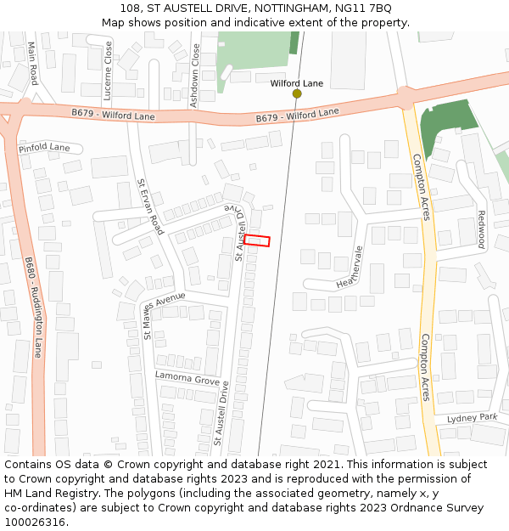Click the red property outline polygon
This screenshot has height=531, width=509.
257,240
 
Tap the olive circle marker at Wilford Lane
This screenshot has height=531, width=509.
297,93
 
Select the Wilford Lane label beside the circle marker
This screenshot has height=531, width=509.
297,83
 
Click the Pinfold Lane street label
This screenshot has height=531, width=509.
44,148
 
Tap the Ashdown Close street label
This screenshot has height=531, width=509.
195,75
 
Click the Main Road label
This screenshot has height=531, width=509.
33,64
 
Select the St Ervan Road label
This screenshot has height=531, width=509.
149,206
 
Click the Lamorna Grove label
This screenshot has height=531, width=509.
187,378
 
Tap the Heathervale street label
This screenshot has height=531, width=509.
349,267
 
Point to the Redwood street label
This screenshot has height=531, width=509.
480,229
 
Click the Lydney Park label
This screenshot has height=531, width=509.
473,418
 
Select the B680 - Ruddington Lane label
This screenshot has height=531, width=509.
33,308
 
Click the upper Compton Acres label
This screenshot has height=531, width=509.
421,187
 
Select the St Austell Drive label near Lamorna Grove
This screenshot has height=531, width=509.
222,414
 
